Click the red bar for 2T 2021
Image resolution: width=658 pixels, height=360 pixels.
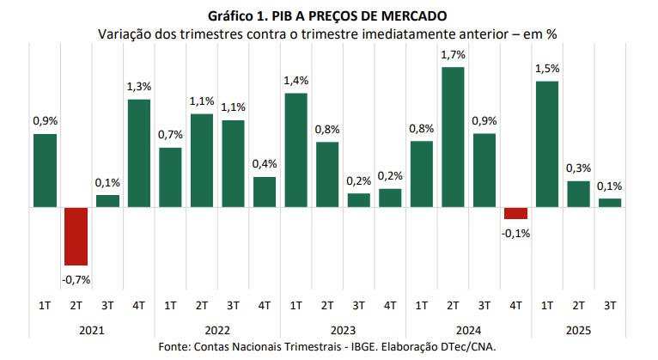(76, 236)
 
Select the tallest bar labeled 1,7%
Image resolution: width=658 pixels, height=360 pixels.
(453, 137)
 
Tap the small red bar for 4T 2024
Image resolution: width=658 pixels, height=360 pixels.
(515, 213)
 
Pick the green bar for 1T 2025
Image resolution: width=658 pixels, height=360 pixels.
(547, 144)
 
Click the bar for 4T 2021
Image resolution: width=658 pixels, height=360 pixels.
(139, 153)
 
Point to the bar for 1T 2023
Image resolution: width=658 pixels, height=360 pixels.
(295, 150)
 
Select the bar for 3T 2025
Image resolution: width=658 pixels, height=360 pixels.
(610, 203)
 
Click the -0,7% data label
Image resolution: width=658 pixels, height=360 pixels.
(76, 278)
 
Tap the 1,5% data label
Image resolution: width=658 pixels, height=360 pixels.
(547, 69)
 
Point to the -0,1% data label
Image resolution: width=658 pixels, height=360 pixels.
(516, 233)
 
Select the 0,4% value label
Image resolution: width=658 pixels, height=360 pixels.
(265, 164)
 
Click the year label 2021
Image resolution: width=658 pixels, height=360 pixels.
(92, 329)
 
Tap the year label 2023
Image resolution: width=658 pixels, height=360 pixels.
(343, 329)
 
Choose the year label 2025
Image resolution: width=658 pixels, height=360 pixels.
(578, 329)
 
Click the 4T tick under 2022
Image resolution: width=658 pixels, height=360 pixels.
(265, 305)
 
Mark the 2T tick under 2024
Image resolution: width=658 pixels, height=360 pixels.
(453, 305)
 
